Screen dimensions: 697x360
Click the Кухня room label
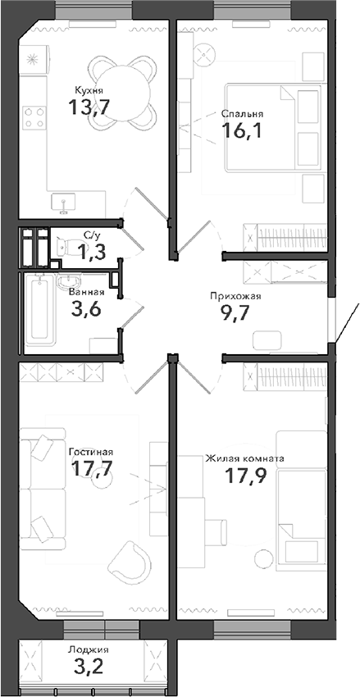tap(88, 90)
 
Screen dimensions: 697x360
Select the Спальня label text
tap(240, 114)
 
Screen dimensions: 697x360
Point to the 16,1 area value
tap(241, 130)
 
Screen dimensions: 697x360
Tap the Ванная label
tap(86, 292)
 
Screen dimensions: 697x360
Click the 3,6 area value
tap(88, 308)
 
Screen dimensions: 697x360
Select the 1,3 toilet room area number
tap(92, 251)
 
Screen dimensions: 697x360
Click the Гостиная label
tap(90, 451)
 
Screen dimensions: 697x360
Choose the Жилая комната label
tap(245, 458)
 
